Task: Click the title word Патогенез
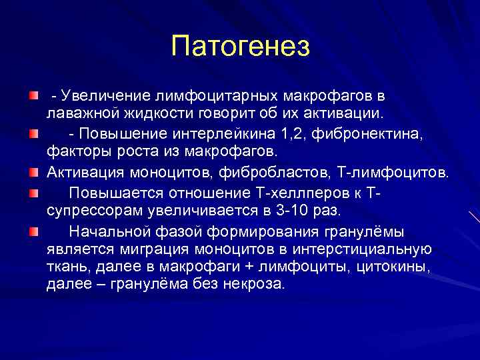click(240, 47)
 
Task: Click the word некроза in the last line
click(259, 283)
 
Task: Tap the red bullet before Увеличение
click(33, 97)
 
